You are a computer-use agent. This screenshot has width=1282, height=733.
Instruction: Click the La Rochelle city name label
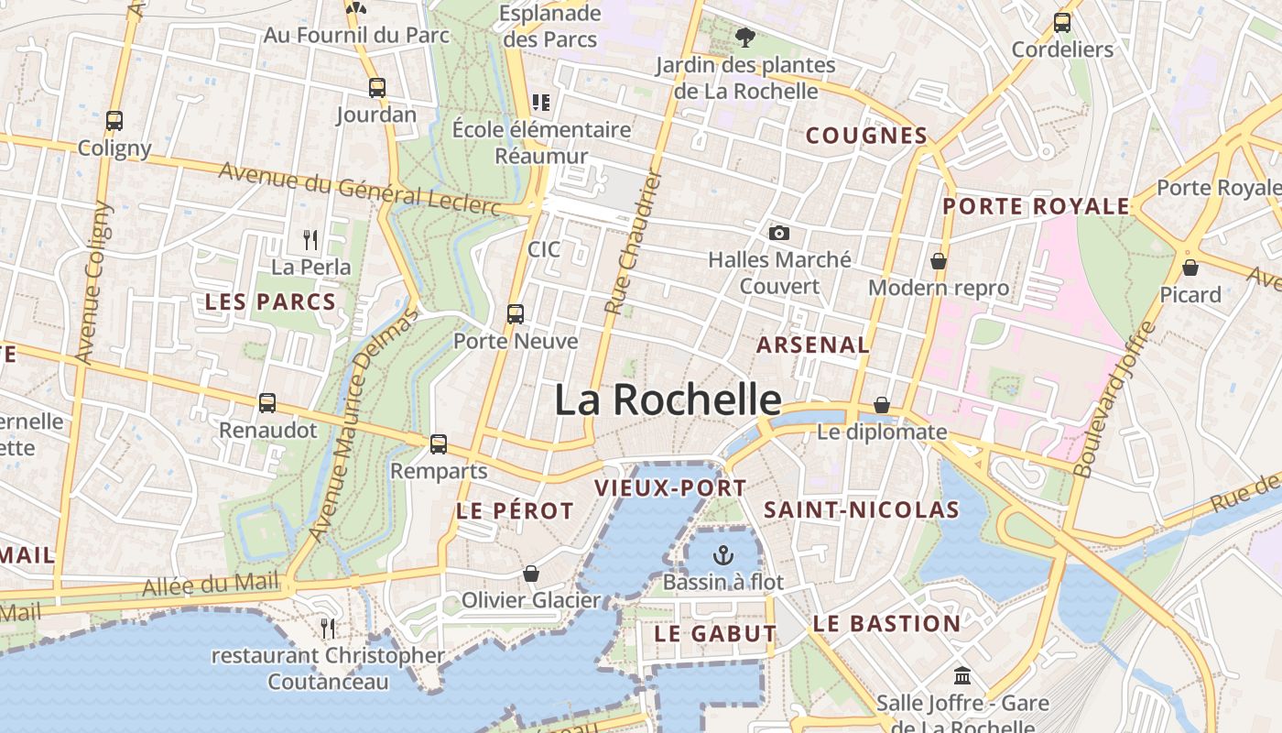coord(668,400)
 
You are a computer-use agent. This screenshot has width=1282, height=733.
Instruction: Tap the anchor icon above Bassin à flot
coord(723,555)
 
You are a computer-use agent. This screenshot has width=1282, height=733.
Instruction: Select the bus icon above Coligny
coord(114,120)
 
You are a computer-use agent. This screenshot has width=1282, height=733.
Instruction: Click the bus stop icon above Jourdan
coord(376,88)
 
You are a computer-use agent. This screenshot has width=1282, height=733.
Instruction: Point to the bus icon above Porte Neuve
coord(516,314)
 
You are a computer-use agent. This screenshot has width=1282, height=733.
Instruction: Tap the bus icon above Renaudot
coord(267,402)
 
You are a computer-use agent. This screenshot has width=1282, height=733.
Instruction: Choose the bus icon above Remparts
coord(439,444)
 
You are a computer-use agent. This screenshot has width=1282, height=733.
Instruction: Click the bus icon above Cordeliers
coord(1062,23)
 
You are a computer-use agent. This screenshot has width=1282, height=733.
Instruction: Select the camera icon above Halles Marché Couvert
coord(779,234)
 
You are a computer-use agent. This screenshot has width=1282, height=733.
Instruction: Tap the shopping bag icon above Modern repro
coord(939,261)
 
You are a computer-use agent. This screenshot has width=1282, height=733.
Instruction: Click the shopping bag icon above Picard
coord(1190,268)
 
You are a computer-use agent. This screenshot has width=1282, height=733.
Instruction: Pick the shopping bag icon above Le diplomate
coord(882,404)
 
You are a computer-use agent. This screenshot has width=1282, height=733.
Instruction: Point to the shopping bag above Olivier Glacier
coord(531,574)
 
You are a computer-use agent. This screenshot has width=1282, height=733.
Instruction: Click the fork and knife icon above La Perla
coord(310,240)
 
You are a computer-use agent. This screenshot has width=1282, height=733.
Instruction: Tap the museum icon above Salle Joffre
coord(962,676)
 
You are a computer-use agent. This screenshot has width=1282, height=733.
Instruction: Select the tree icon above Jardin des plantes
coord(745,38)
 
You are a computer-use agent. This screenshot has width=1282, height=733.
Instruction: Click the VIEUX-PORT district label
coord(671,488)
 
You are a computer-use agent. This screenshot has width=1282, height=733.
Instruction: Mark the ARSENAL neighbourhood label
coord(812,345)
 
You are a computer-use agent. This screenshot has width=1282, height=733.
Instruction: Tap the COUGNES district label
coord(866,136)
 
